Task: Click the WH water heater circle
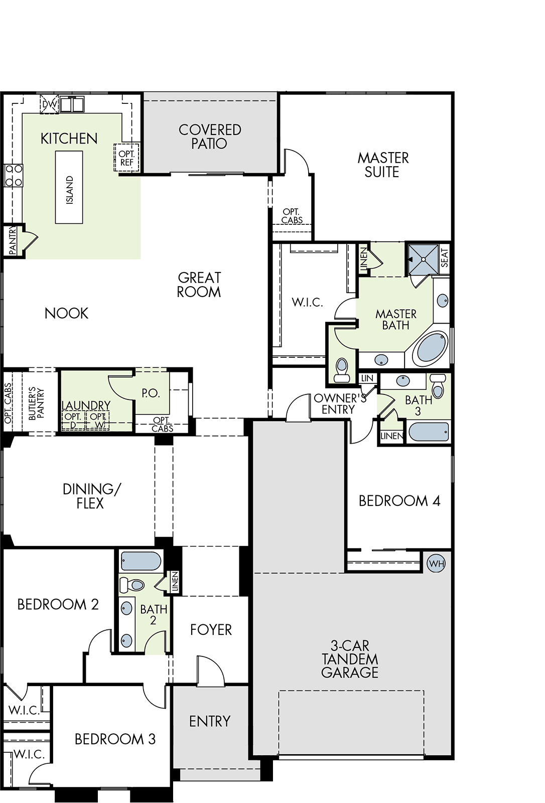click(x=437, y=564)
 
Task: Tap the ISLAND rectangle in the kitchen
click(x=69, y=187)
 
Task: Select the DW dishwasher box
click(x=49, y=104)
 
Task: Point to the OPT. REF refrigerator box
click(x=126, y=158)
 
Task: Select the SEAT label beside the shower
click(x=444, y=258)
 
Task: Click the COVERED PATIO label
click(x=210, y=137)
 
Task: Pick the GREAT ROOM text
click(x=199, y=285)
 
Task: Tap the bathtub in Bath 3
click(x=429, y=432)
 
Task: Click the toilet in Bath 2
click(x=131, y=585)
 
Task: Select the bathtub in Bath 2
click(x=141, y=561)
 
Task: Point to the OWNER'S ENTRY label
click(x=340, y=404)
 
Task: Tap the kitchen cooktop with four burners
click(x=13, y=175)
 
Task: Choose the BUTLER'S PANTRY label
click(x=36, y=404)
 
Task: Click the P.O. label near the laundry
click(x=151, y=393)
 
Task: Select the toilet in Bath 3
click(x=438, y=385)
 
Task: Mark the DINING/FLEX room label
click(x=91, y=496)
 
